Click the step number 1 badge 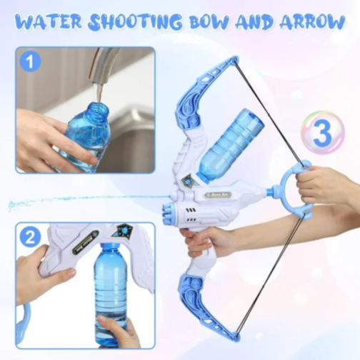click(30, 62)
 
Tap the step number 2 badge click(29, 237)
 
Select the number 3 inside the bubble click(322, 132)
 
